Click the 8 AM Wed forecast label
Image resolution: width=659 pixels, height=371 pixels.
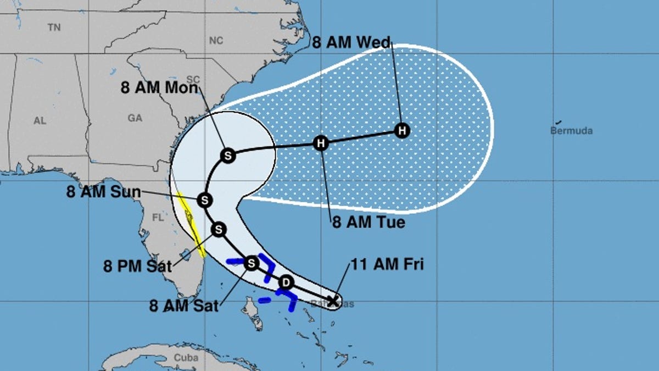(351, 43)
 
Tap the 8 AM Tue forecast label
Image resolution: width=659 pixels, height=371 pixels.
(368, 223)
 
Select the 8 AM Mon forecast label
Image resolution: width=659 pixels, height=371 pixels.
(159, 88)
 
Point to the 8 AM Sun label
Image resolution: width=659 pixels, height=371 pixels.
(104, 193)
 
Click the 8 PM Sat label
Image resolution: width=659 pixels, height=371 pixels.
(137, 267)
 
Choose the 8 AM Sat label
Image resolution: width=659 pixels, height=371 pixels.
(184, 306)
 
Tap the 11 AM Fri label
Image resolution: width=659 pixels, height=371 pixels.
(388, 265)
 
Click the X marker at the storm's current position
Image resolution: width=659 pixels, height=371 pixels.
(332, 301)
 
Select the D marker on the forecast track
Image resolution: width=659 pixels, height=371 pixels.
(286, 283)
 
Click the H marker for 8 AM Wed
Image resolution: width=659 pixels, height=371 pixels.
(402, 131)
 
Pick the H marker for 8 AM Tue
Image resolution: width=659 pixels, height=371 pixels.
(321, 143)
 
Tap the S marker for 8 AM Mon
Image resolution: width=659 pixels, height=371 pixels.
(227, 156)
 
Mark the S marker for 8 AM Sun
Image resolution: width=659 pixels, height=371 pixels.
(204, 200)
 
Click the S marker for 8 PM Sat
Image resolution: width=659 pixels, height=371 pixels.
(219, 229)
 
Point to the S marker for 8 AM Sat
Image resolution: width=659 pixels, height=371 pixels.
(251, 263)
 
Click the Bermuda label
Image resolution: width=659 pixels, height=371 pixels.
(571, 131)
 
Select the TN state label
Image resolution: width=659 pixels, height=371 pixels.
(54, 27)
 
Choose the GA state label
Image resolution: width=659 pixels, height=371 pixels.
(135, 118)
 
